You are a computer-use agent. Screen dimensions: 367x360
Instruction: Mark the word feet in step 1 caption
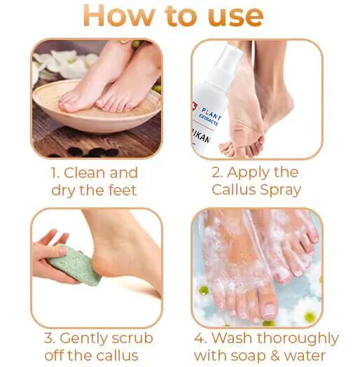tap(122, 190)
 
